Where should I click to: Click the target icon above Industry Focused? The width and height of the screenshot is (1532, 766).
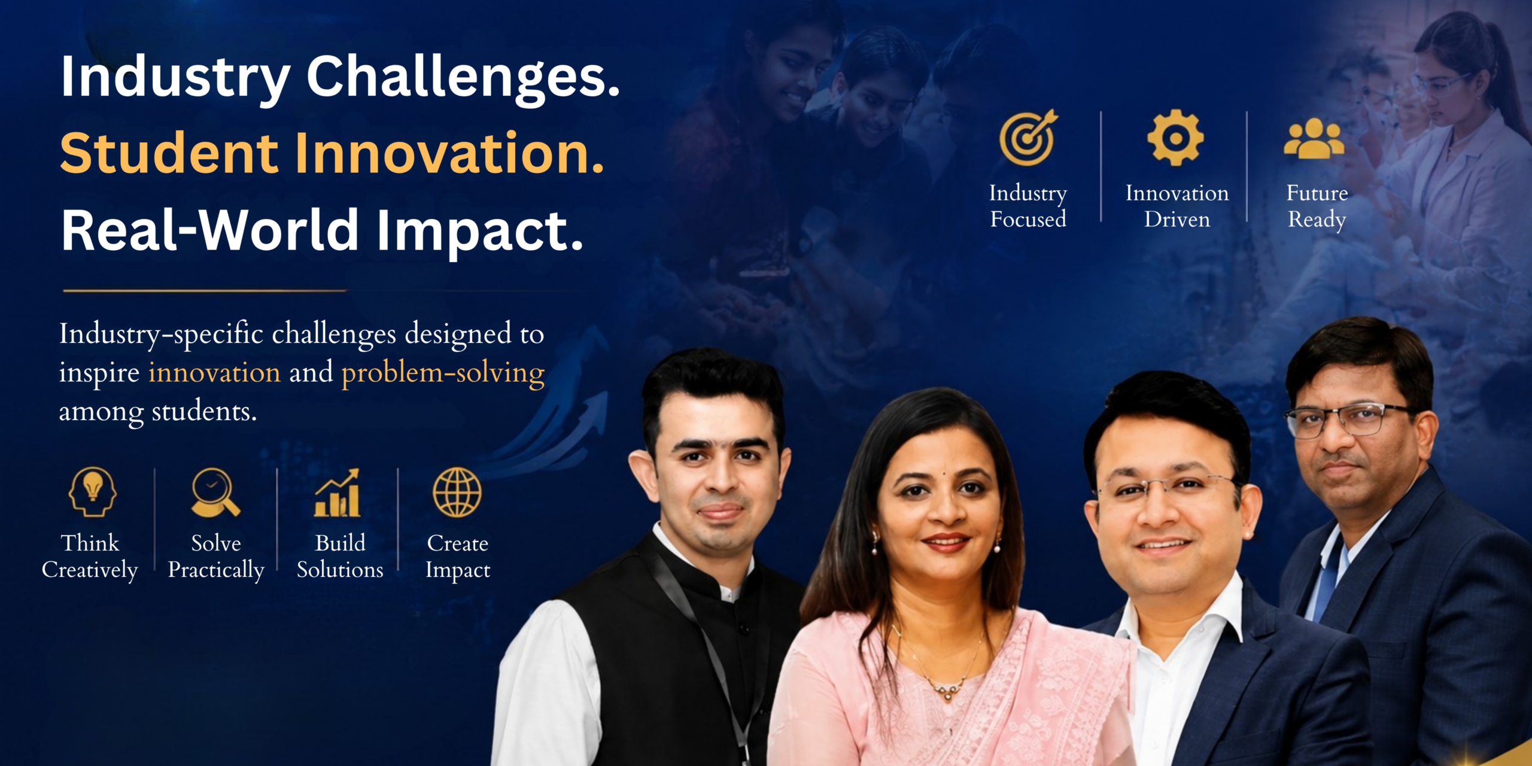coord(1028,138)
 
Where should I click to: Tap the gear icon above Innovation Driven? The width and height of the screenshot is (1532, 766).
coord(1175,138)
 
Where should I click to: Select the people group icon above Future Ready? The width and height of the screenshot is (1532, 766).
coord(1314,139)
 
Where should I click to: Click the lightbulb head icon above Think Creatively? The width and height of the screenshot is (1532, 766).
coord(92,492)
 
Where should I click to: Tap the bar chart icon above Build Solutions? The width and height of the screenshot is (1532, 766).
coord(338,493)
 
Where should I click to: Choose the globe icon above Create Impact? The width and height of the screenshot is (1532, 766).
coord(457,492)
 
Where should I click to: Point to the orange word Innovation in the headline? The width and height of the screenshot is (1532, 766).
coord(449,153)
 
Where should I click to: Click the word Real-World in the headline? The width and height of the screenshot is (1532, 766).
coord(210,230)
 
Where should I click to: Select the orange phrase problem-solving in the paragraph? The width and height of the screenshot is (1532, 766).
coord(443,373)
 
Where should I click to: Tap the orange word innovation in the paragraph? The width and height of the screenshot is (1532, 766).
coord(214,372)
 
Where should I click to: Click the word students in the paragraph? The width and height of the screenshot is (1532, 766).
coord(204,411)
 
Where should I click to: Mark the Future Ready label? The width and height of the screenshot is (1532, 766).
coord(1317,206)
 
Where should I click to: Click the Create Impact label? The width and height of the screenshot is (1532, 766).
coord(458,557)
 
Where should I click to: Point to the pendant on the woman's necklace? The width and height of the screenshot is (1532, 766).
coord(947,694)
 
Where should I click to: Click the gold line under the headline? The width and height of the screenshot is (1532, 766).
coord(205,291)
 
